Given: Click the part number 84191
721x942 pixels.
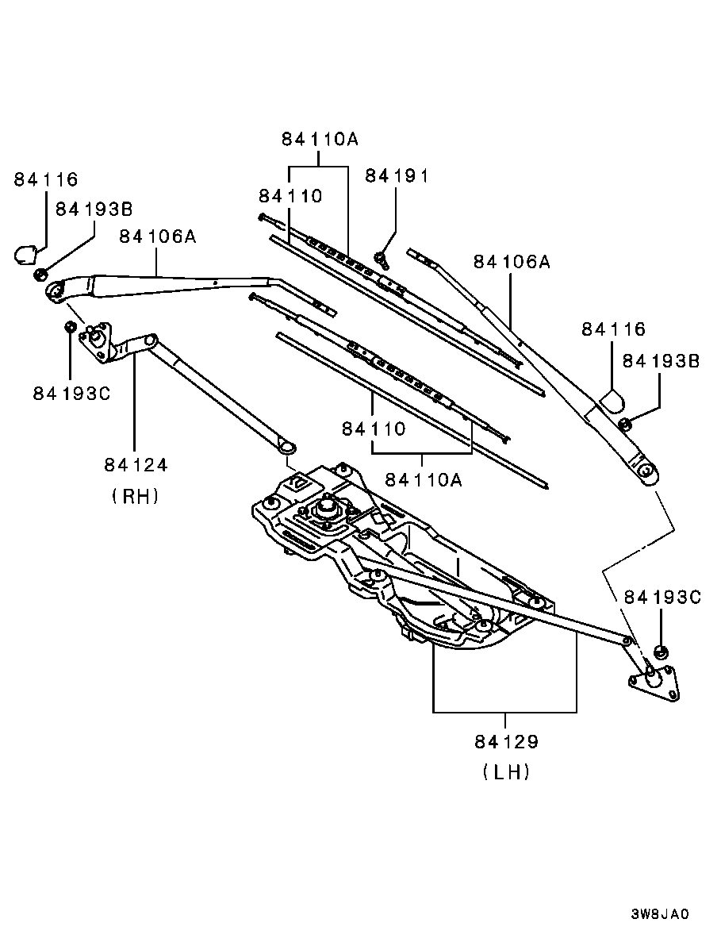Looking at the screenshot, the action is pos(397,176).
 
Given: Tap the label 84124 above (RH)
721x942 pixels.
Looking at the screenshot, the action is pos(136,464).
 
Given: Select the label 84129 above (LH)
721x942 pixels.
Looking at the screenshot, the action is pos(507,742).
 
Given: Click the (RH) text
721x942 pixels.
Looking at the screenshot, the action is pos(136,496).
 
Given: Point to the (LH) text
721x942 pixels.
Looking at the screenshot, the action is pos(506,773).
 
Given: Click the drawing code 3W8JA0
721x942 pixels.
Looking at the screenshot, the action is pos(659,914).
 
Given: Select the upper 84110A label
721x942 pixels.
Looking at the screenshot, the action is pos(320,140).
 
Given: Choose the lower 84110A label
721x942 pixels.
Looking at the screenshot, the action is pos(424,479).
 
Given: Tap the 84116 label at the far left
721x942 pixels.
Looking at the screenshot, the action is pos(46,179).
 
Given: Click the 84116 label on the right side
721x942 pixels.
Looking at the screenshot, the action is pos(614,329).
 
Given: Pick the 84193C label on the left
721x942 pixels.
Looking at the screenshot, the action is pos(72,394).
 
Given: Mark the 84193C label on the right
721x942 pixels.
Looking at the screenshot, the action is pos(663,598).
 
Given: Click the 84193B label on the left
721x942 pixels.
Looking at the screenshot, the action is pos(94,209).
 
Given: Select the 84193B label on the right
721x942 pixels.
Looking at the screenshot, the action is pos(661,361).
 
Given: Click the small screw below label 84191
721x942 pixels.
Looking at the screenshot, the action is pos(382,260).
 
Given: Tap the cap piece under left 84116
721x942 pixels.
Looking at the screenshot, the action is pos(25,253).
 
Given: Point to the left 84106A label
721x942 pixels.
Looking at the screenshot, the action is pos(158,236).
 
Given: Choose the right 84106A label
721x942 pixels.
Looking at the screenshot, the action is pos(512,262).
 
